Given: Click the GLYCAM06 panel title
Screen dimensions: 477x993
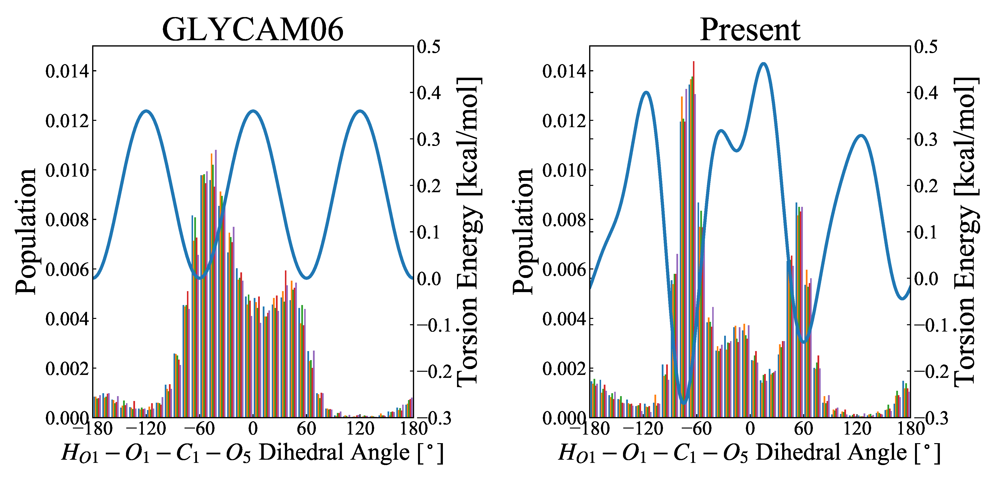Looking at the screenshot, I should click(253, 30).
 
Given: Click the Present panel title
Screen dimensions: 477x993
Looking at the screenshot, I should click(750, 30).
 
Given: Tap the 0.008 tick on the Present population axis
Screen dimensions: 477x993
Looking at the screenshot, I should click(564, 220).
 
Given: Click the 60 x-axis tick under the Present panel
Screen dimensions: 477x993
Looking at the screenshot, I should click(803, 429).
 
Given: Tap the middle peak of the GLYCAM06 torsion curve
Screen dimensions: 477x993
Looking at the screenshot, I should click(253, 111).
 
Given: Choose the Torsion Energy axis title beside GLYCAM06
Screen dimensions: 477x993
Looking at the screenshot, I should click(468, 231).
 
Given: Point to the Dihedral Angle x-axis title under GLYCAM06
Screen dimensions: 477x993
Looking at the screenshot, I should click(253, 452).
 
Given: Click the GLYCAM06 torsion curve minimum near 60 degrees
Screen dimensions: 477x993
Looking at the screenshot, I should click(306, 277).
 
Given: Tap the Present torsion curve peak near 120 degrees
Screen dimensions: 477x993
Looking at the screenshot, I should click(861, 136).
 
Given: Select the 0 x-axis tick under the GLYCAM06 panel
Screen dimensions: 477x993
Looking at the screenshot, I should click(253, 429).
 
